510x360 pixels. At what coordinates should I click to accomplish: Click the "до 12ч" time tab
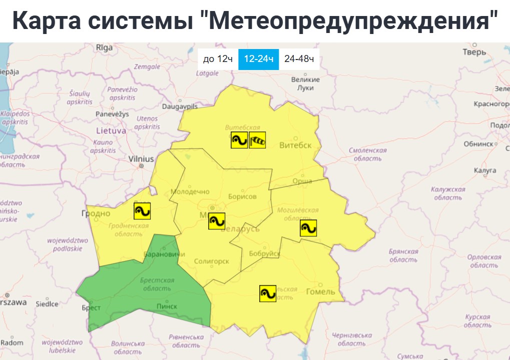tap(218, 59)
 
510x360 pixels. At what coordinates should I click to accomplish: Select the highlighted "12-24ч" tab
tap(258, 59)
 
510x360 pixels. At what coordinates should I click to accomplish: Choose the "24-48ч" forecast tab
tap(299, 59)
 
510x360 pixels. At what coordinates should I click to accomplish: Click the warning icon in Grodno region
tap(142, 211)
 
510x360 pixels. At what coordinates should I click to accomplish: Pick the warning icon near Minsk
tap(217, 221)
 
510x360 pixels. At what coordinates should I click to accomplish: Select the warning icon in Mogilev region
tap(308, 228)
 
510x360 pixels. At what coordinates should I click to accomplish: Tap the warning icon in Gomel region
tap(268, 293)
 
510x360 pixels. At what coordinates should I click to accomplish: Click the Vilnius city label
tap(141, 158)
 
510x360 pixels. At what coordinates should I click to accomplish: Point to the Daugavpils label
tap(180, 106)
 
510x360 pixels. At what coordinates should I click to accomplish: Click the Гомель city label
tap(321, 292)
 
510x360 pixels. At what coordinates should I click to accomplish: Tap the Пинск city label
tap(167, 306)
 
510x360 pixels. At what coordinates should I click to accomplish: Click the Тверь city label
tap(474, 52)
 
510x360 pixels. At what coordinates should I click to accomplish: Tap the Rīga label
tap(105, 48)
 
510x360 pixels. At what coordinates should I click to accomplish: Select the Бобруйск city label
tap(264, 253)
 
